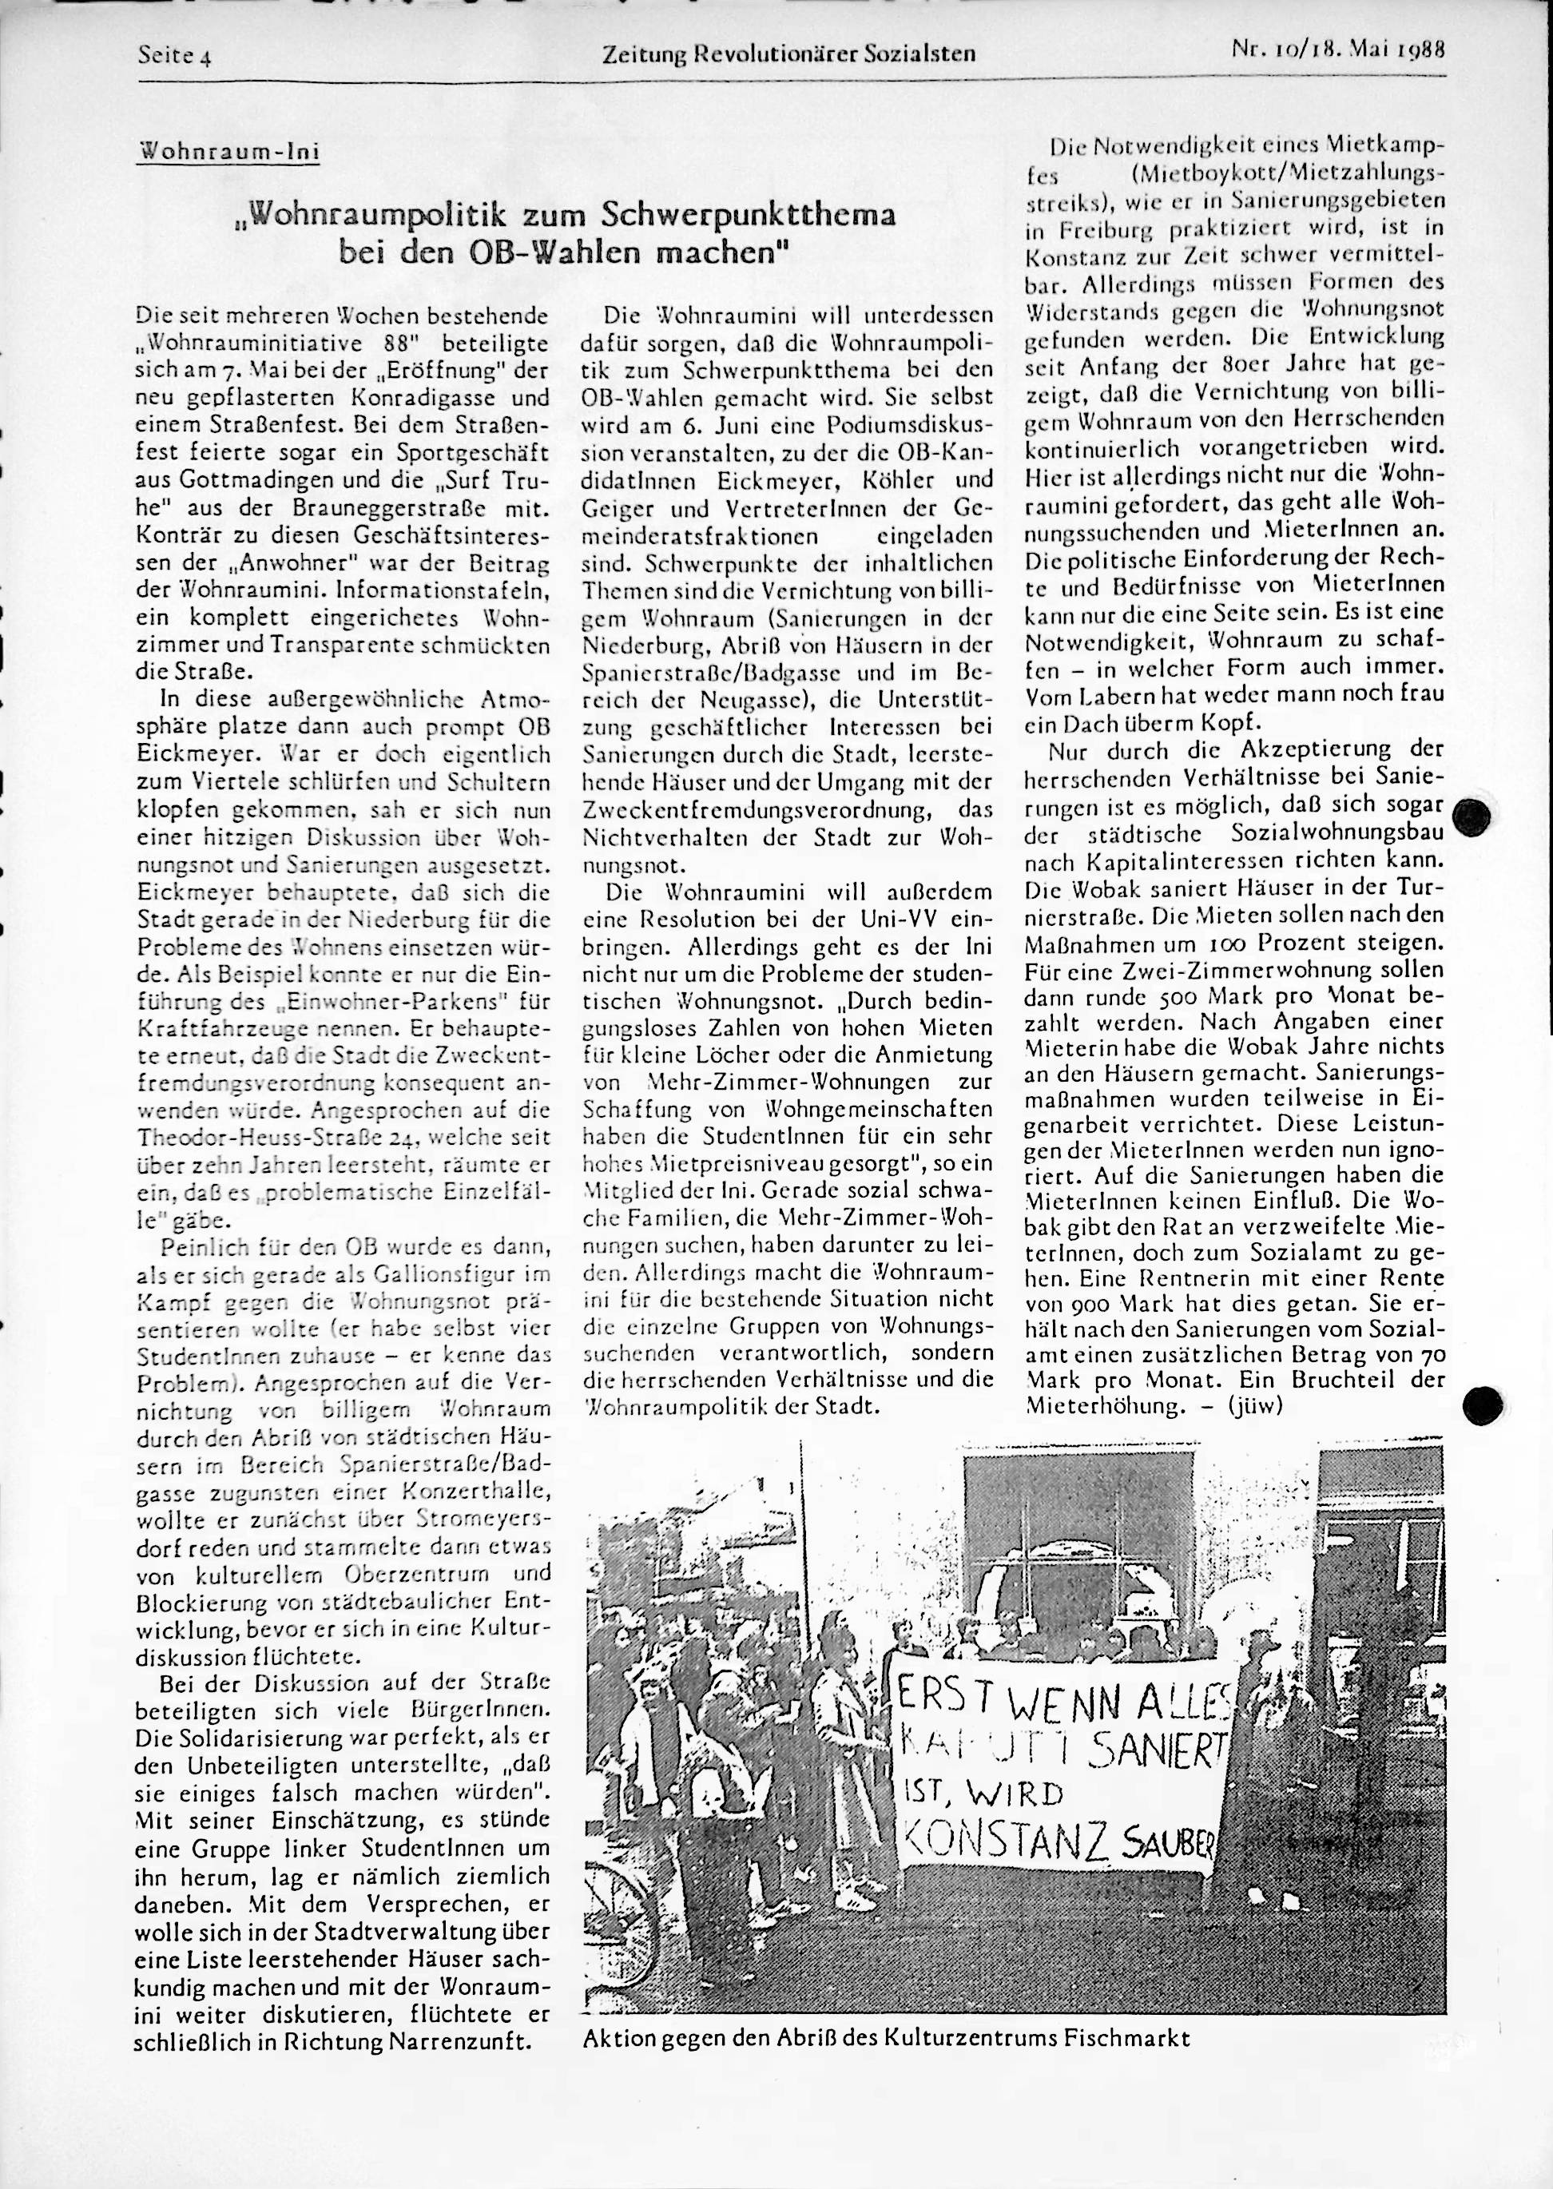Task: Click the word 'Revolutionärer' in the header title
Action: (796, 54)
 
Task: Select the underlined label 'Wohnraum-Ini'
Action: (229, 151)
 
